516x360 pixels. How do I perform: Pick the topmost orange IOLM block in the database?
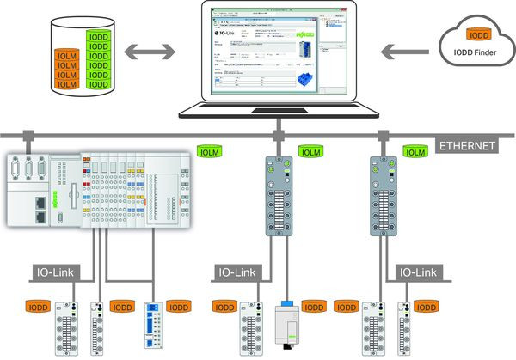click(x=68, y=53)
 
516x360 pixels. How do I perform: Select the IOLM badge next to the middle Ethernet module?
click(x=310, y=152)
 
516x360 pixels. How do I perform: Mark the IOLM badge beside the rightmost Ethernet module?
click(x=415, y=152)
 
